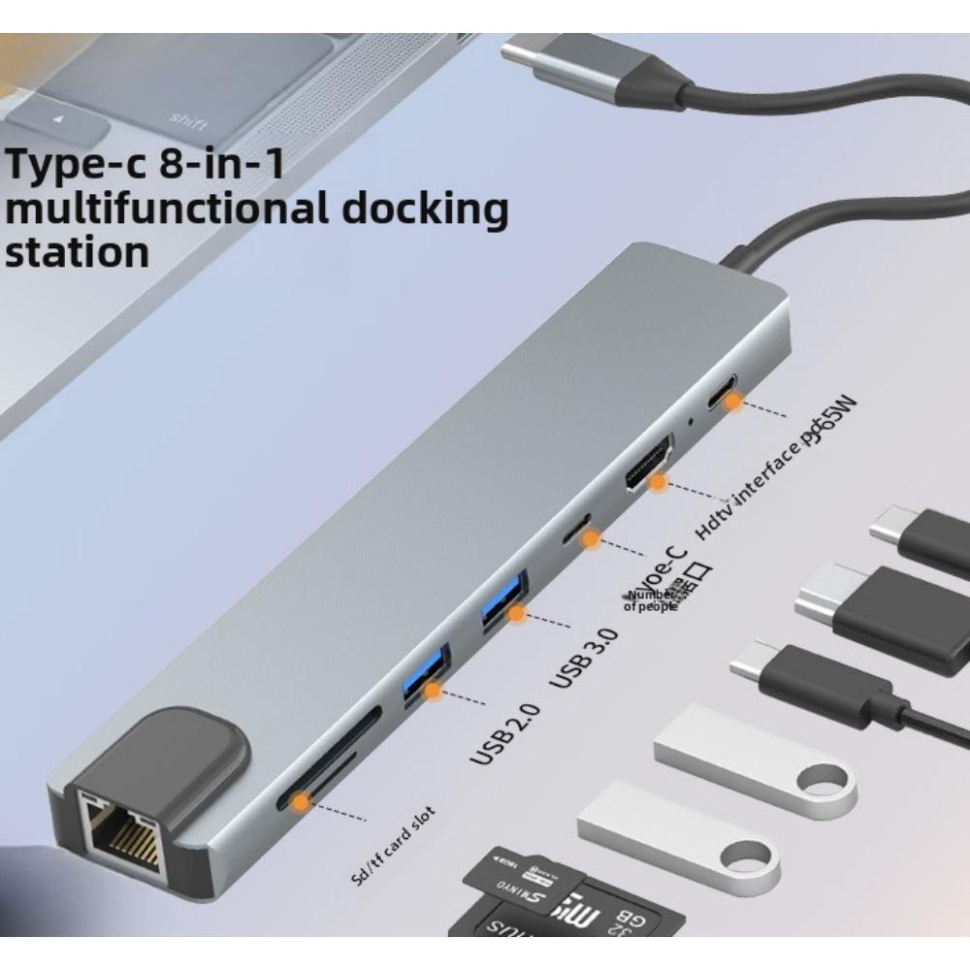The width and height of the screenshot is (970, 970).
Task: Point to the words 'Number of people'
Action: [651, 600]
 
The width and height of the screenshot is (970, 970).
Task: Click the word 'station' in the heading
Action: [78, 251]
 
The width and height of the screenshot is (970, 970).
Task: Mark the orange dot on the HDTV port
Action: [658, 481]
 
